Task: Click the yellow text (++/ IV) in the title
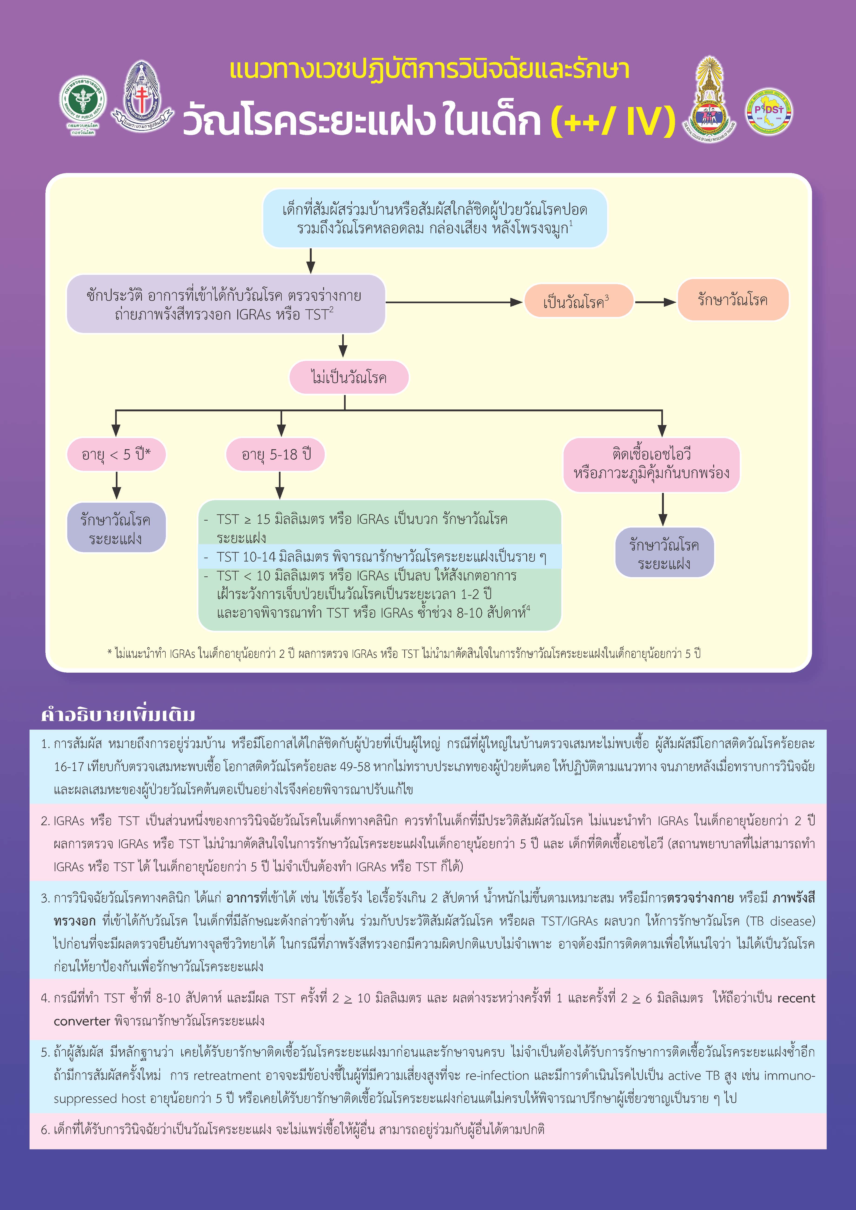612,121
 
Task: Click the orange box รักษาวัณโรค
733,300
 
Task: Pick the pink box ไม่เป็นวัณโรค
349,377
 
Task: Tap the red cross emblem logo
141,97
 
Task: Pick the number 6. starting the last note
45,1129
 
